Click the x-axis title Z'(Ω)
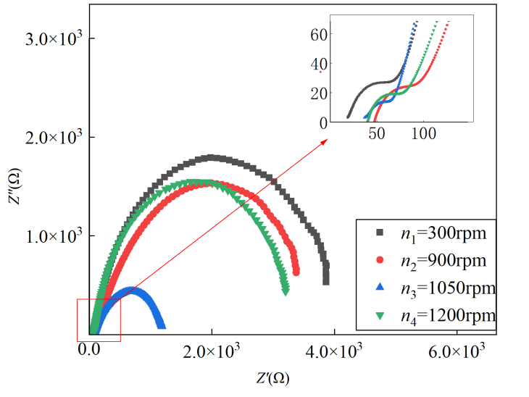tap(273, 377)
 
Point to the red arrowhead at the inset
tap(325, 141)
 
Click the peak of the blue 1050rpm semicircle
tap(131, 290)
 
